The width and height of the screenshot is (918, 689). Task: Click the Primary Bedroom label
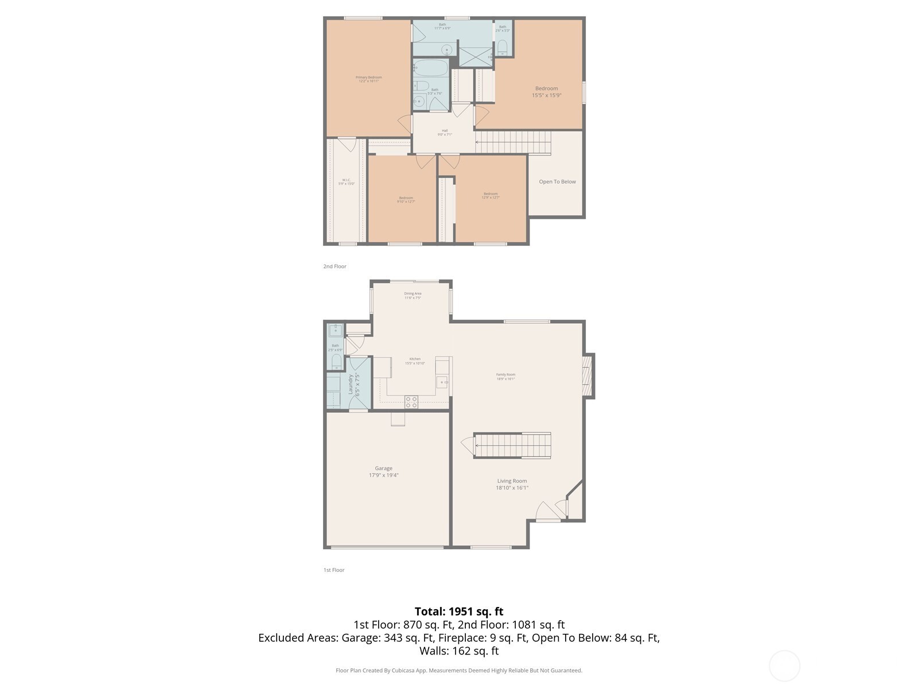[368, 78]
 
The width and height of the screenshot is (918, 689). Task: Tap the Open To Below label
[557, 182]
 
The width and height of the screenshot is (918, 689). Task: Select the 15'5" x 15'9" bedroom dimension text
[546, 95]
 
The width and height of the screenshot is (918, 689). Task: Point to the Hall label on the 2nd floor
[445, 131]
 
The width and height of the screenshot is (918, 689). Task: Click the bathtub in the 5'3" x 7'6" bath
[431, 68]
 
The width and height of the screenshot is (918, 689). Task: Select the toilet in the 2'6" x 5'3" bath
[503, 46]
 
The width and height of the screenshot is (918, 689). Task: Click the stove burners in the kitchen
[411, 402]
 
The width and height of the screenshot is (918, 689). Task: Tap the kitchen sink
[442, 382]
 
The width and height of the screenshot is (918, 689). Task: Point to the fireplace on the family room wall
[587, 376]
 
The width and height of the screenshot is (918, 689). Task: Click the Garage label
[383, 469]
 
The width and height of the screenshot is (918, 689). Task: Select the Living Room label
[512, 481]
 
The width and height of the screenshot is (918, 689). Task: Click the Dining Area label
[413, 293]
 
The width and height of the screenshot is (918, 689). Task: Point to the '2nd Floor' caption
[334, 266]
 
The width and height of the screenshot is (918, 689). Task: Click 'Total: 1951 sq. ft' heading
[458, 611]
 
